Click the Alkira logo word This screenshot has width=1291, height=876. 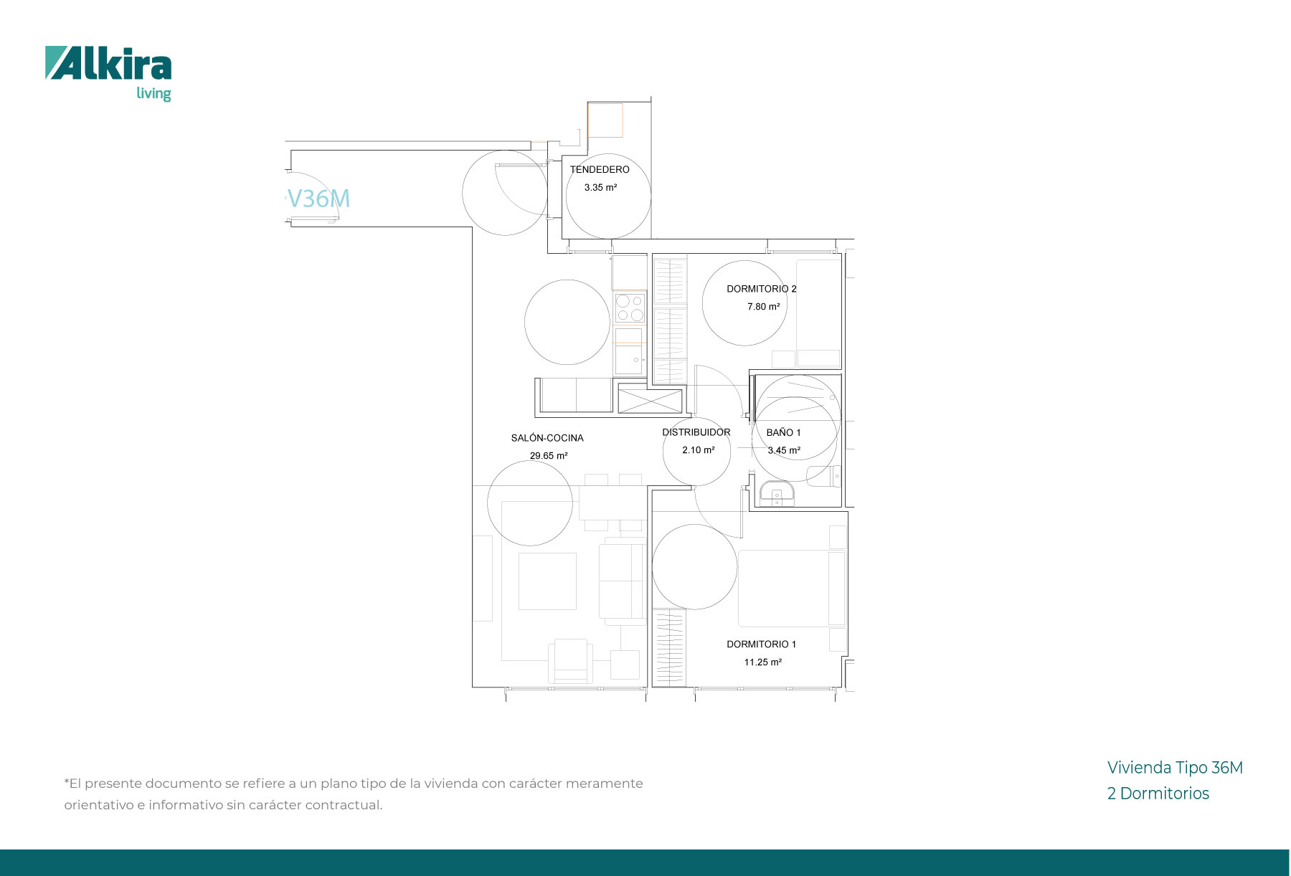pyautogui.click(x=108, y=63)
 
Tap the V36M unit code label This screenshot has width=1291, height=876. pyautogui.click(x=318, y=199)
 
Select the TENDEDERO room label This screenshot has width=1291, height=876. pyautogui.click(x=600, y=170)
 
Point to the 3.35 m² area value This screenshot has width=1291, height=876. pyautogui.click(x=600, y=188)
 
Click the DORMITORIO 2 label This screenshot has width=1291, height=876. pyautogui.click(x=762, y=289)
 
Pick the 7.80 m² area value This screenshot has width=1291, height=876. pyautogui.click(x=763, y=307)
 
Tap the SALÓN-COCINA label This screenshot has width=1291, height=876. pyautogui.click(x=547, y=438)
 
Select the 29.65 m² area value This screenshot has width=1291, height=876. pyautogui.click(x=549, y=456)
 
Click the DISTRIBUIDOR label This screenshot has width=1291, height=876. pyautogui.click(x=696, y=432)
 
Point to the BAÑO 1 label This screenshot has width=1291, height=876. pyautogui.click(x=783, y=432)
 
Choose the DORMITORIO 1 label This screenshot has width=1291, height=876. pyautogui.click(x=762, y=644)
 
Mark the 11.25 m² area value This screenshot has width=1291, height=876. pyautogui.click(x=762, y=662)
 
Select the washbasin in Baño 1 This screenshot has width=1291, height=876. pyautogui.click(x=777, y=494)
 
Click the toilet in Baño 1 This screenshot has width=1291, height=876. pyautogui.click(x=824, y=476)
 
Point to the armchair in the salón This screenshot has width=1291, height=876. pyautogui.click(x=571, y=660)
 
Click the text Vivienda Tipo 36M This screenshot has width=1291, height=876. pyautogui.click(x=1175, y=768)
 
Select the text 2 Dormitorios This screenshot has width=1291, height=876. pyautogui.click(x=1158, y=794)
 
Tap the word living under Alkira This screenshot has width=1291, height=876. pyautogui.click(x=153, y=94)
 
